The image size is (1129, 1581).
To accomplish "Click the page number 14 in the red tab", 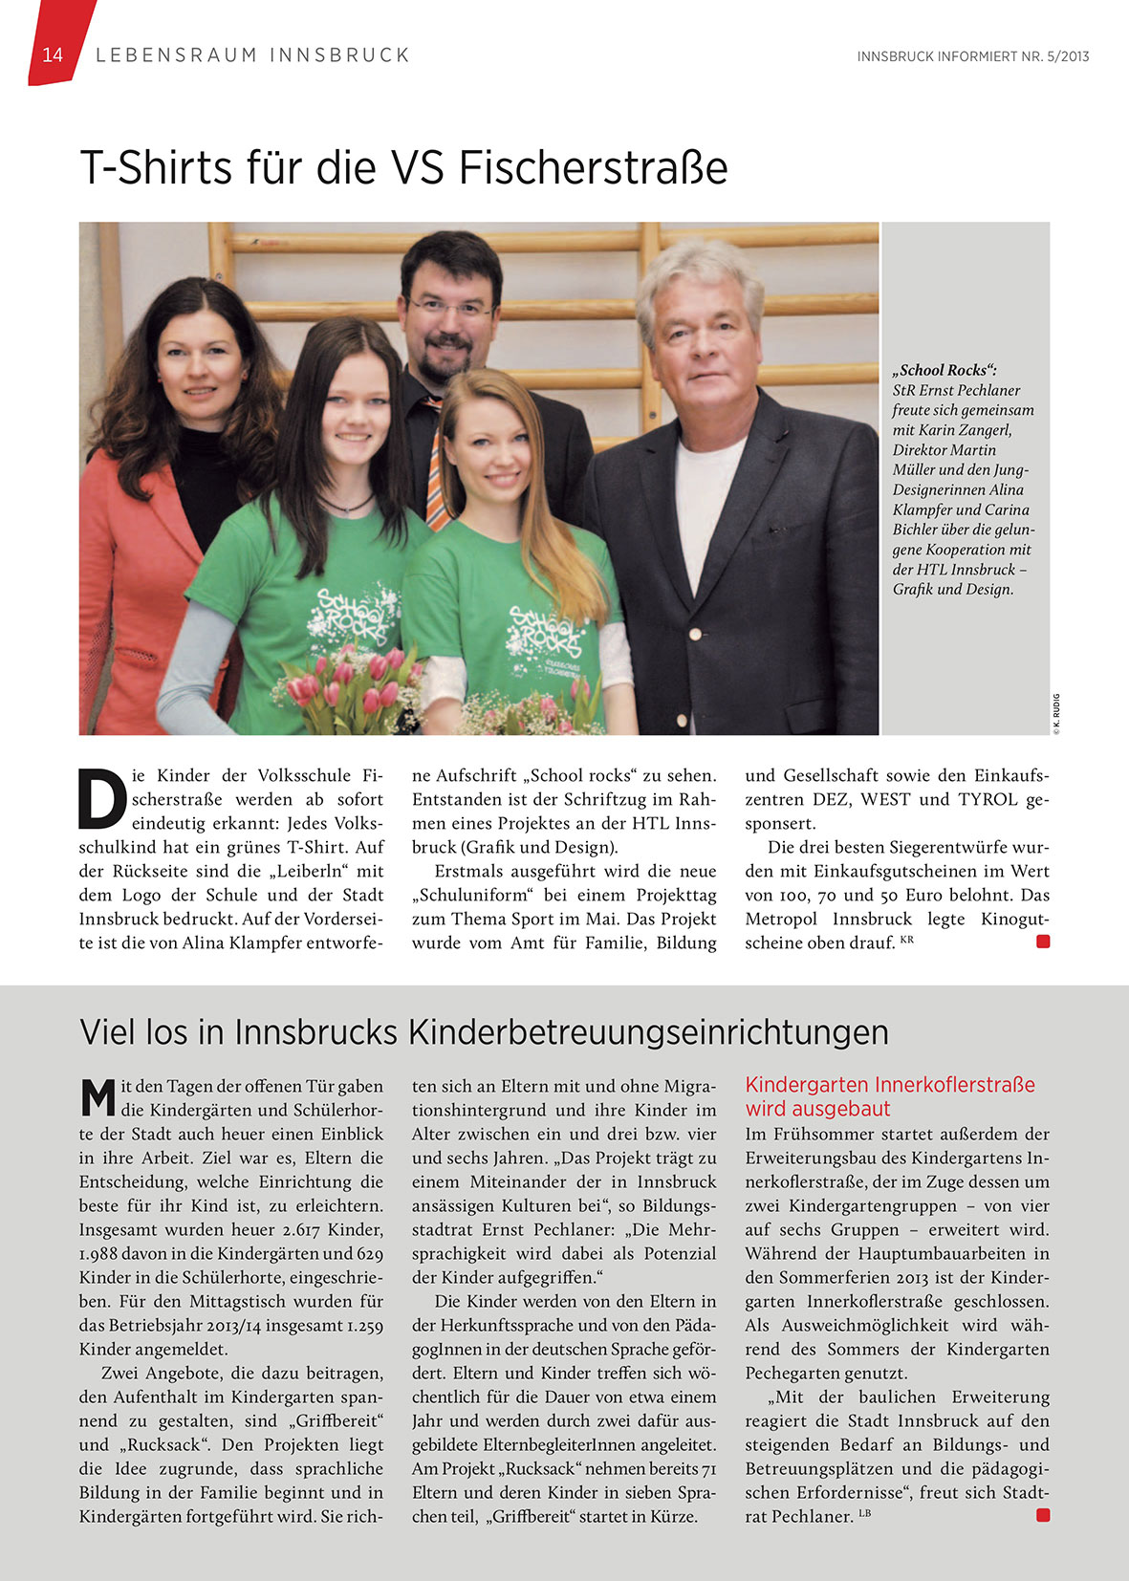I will point(53,54).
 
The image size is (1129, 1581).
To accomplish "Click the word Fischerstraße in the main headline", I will point(593,168).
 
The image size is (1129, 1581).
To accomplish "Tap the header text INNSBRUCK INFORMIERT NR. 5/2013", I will point(972,56).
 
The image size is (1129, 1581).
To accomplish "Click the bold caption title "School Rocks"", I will point(944,370).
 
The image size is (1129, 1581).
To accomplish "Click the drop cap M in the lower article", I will point(98,1097).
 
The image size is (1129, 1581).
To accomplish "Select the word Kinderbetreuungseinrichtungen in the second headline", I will point(648,1032).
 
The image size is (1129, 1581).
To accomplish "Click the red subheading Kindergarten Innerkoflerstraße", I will point(889,1085).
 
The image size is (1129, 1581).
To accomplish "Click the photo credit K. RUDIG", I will point(1056,714).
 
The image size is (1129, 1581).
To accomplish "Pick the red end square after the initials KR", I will point(1043,942).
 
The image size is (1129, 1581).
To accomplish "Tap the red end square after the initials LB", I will point(1043,1515).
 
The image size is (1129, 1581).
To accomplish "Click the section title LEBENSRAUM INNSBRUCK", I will point(252,55).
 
